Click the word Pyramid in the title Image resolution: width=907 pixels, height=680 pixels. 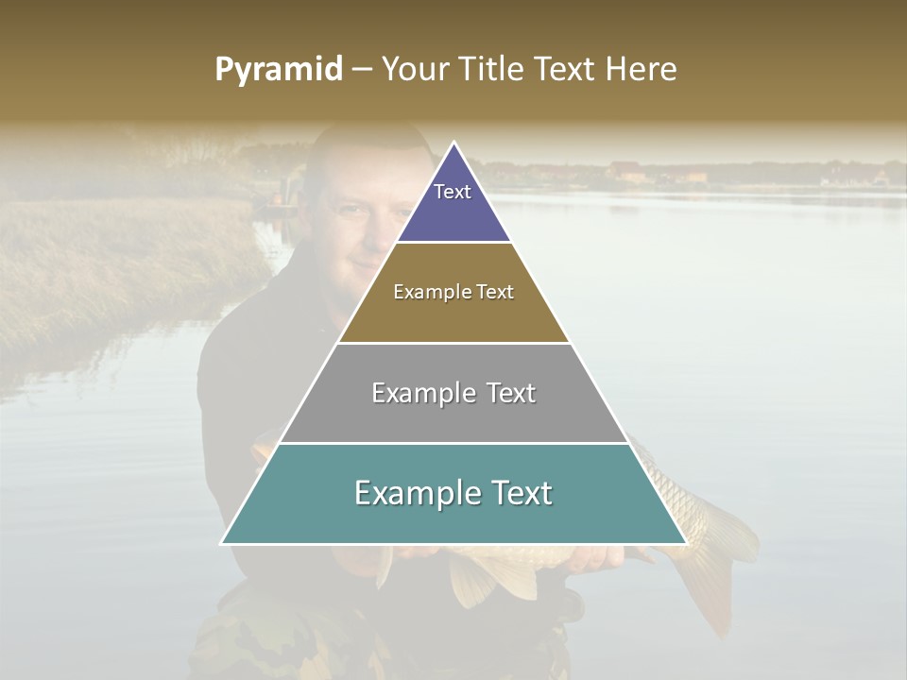point(278,70)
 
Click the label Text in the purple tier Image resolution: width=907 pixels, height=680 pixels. point(453,192)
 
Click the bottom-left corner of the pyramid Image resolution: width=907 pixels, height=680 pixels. point(222,543)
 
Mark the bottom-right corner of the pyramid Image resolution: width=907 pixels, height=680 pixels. point(686,543)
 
